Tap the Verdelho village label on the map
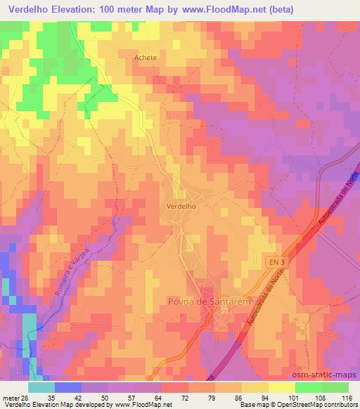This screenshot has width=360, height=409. [x=180, y=207]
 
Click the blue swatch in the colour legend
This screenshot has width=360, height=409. [x=67, y=387]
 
